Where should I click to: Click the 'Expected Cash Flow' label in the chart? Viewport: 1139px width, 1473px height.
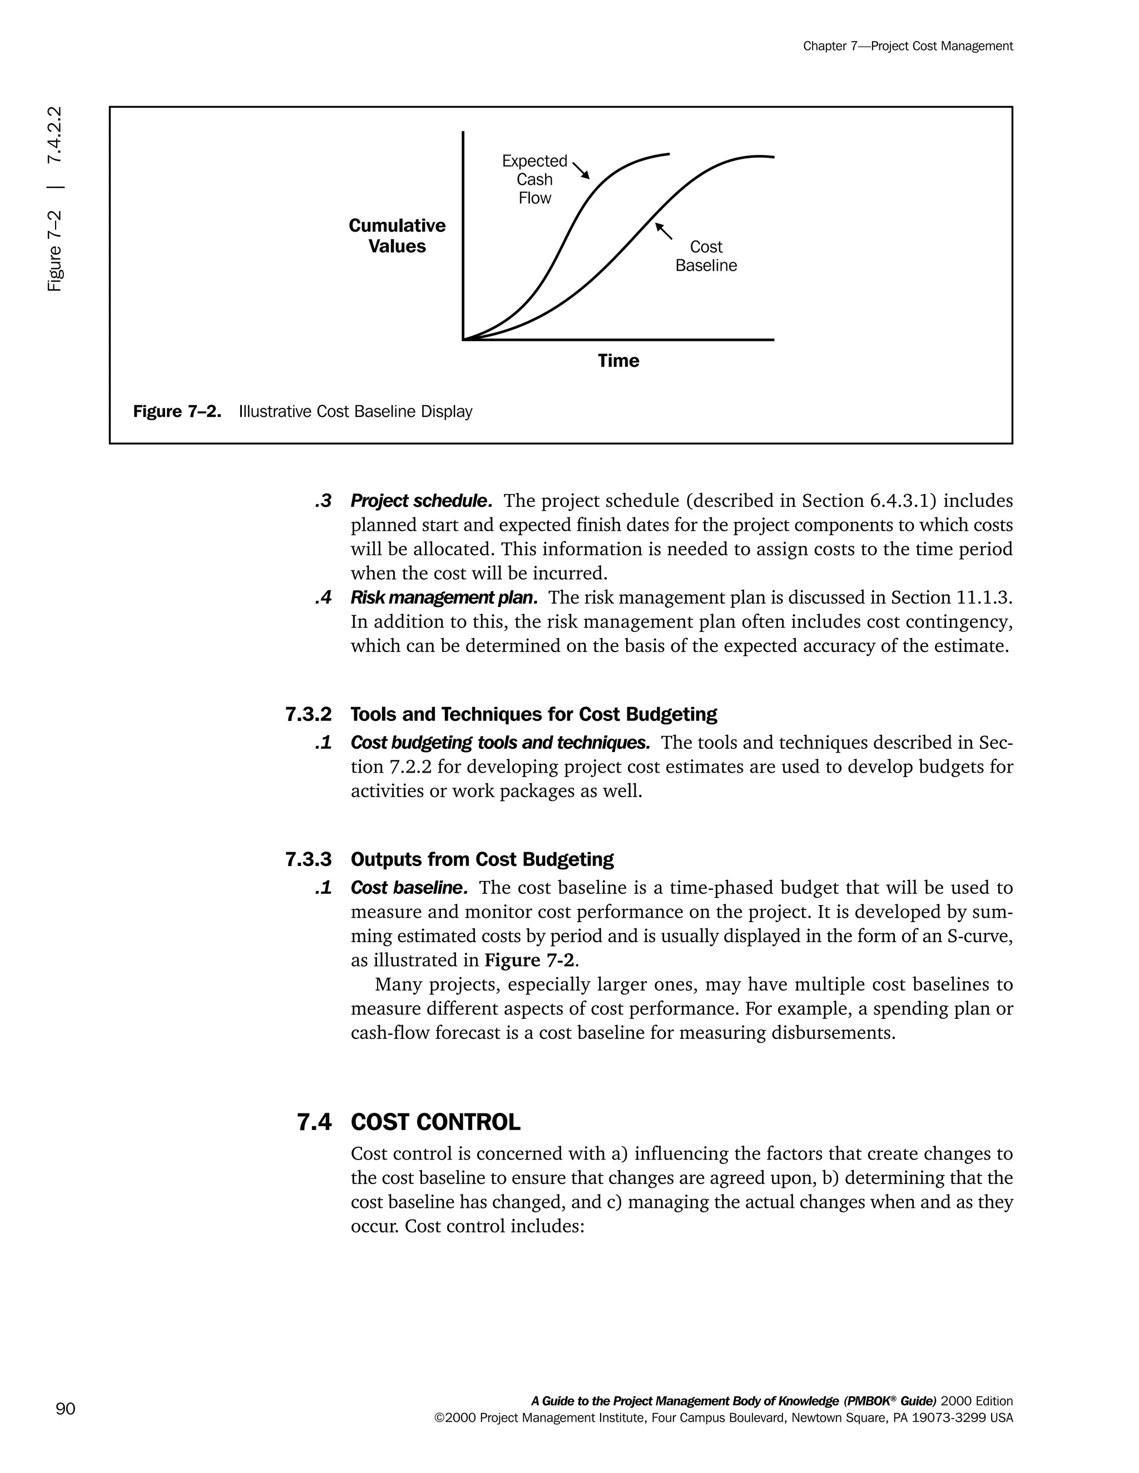pos(534,180)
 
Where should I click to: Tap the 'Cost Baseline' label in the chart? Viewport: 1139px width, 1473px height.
pos(706,256)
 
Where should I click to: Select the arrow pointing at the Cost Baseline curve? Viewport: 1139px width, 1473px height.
pos(664,231)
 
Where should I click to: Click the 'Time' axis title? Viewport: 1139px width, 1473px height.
pos(618,361)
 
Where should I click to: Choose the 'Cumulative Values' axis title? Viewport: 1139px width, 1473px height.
pos(397,236)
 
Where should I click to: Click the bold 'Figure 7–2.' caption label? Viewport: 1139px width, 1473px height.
pos(177,411)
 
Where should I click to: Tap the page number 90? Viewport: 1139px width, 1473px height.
pos(66,1409)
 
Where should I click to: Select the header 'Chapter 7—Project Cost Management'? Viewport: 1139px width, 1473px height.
pos(908,46)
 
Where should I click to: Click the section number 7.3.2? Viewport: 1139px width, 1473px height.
pos(308,714)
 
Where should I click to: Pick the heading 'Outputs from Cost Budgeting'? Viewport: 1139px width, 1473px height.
pos(482,859)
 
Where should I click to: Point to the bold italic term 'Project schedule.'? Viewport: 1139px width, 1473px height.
pos(421,501)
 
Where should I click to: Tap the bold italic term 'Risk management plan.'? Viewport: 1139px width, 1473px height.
pos(444,598)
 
